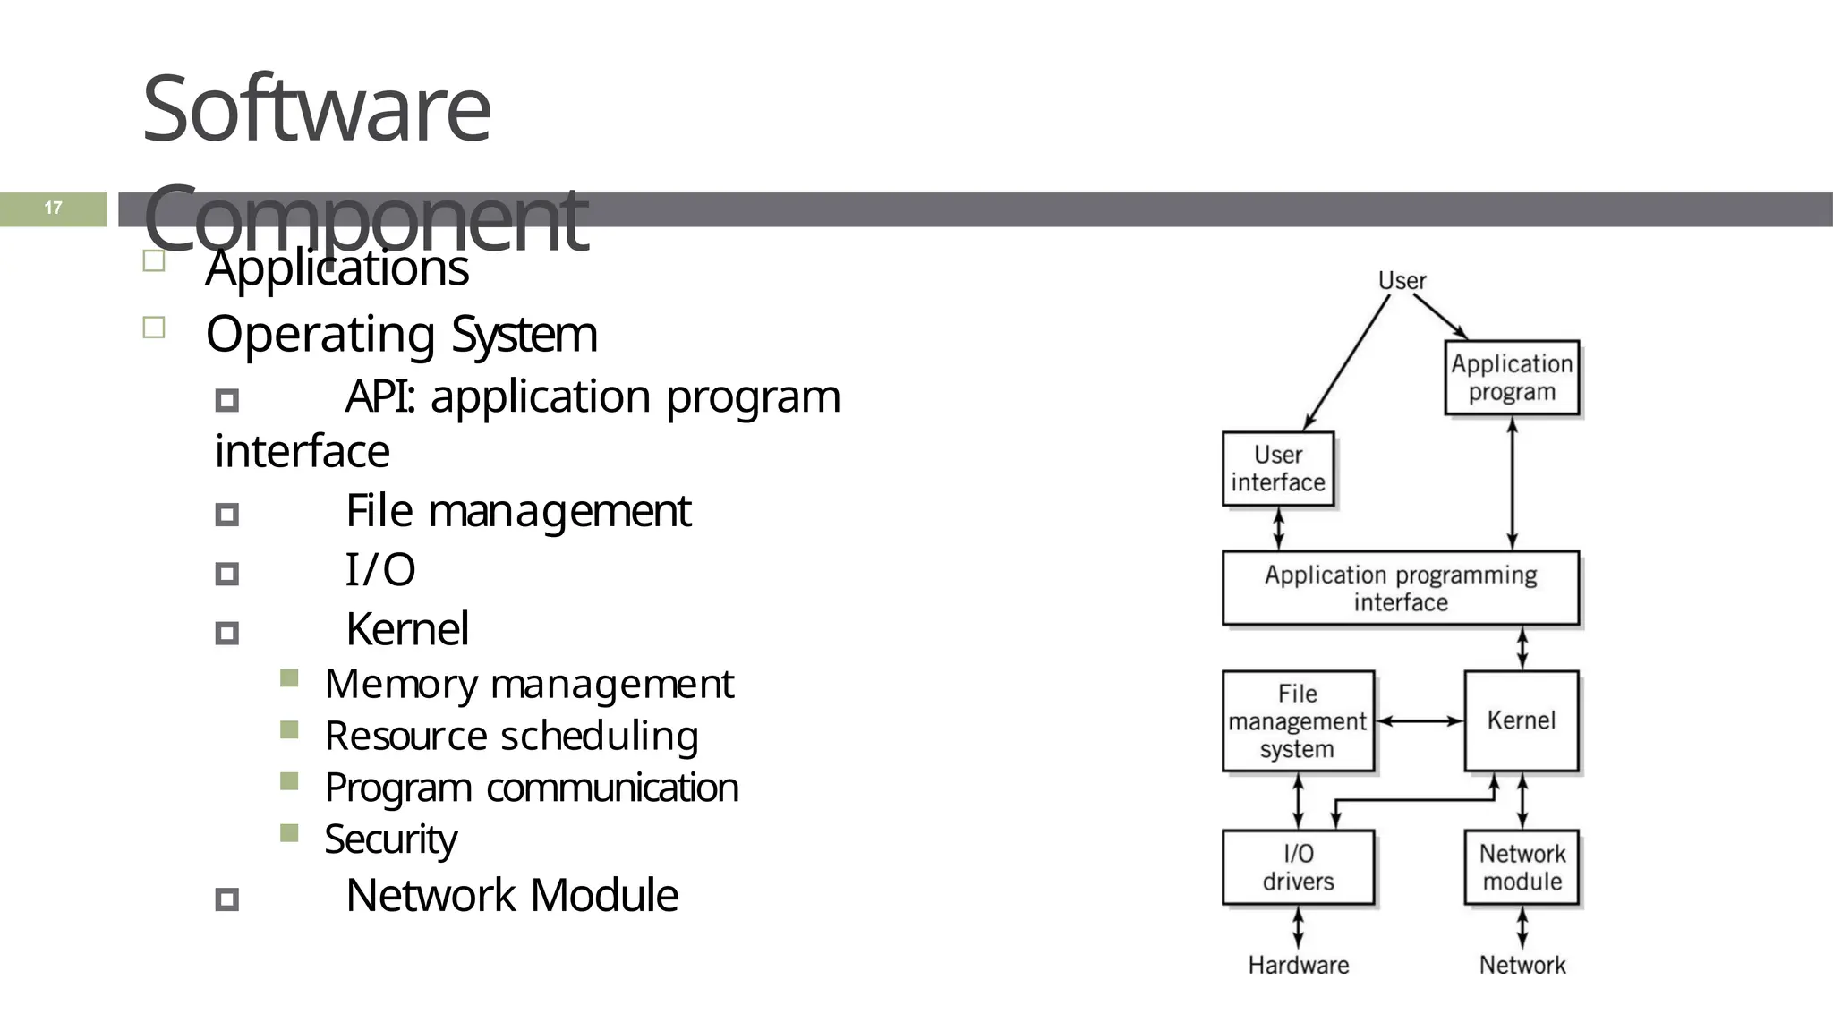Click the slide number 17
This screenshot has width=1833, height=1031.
(53, 209)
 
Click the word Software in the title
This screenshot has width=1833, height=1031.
(316, 109)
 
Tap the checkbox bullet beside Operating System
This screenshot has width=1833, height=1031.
(154, 328)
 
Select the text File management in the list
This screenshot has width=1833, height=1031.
(517, 511)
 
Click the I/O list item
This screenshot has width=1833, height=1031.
(380, 570)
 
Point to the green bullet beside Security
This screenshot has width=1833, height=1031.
(289, 833)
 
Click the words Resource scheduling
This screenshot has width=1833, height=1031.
(511, 736)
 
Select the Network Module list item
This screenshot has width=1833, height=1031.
(511, 895)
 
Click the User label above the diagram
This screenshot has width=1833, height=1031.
(1402, 281)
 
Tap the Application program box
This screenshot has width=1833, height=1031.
(1512, 378)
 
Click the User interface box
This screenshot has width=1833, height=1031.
(1278, 469)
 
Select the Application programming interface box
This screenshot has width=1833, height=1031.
(1401, 588)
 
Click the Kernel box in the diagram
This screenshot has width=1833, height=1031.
(1521, 720)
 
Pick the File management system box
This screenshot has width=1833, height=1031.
(1298, 721)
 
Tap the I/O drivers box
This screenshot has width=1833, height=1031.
(1298, 867)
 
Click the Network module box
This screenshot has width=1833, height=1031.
(1522, 867)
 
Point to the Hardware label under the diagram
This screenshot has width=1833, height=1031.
(1298, 965)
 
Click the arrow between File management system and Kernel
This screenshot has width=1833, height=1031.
(1420, 720)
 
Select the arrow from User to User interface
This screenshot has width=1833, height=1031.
(1347, 362)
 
